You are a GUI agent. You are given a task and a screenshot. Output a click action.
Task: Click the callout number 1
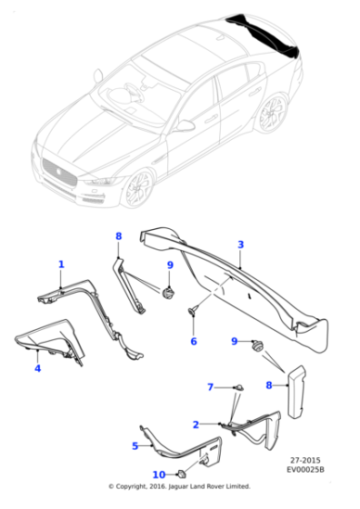tap(61, 264)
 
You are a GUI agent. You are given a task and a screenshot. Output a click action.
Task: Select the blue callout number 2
tap(195, 424)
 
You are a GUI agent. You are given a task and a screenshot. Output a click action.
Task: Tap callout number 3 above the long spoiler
tap(240, 245)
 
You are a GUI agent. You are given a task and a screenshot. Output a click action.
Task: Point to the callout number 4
tap(37, 368)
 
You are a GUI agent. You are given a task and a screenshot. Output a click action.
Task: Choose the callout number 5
tap(135, 445)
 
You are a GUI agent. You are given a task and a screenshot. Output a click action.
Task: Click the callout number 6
tap(193, 342)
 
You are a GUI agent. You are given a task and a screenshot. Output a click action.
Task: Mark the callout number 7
tap(210, 387)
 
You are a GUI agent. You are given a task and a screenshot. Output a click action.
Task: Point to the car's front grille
tap(58, 172)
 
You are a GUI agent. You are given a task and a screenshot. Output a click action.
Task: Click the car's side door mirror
tap(185, 125)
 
